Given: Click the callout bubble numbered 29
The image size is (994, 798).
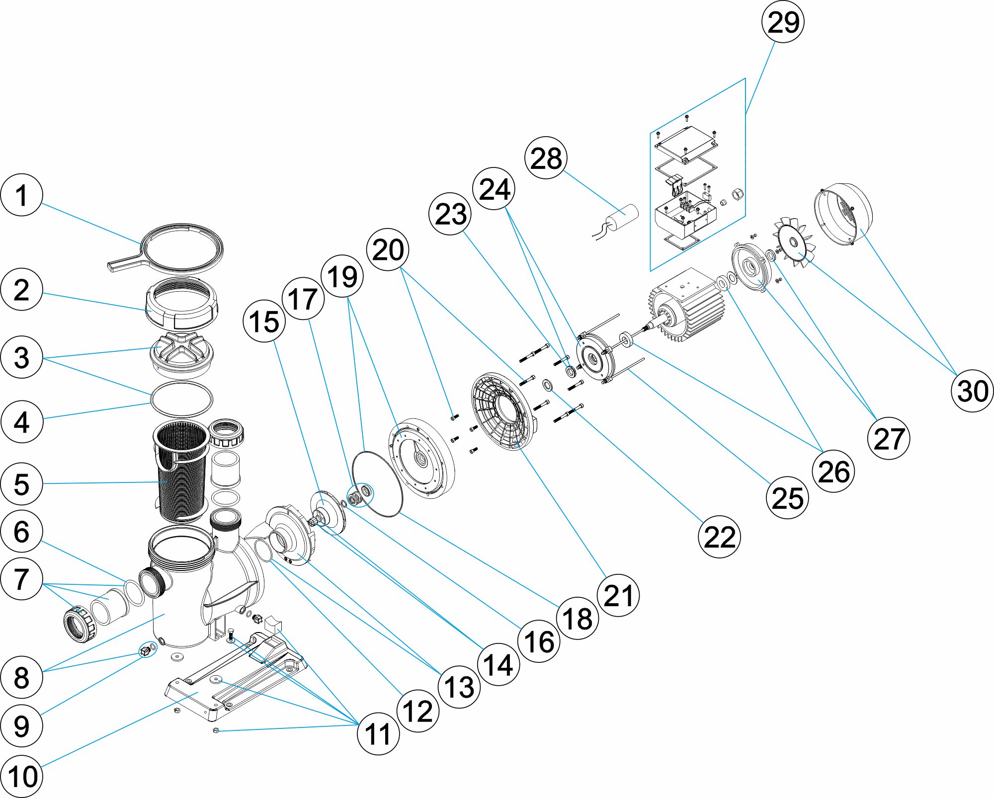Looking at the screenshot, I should coord(783,22).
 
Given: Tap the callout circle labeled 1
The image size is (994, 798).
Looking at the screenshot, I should coord(21,195).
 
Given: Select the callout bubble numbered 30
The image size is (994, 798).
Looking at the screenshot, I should coord(972,391).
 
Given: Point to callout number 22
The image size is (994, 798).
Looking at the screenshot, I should coord(719,537).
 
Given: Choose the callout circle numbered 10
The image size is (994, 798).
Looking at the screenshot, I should coord(22,776).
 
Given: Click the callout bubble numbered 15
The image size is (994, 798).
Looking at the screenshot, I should coord(264,321).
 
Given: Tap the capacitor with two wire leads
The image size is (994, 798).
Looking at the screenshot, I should coord(624,219).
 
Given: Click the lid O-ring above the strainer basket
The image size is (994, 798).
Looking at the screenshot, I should coord(182,399).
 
